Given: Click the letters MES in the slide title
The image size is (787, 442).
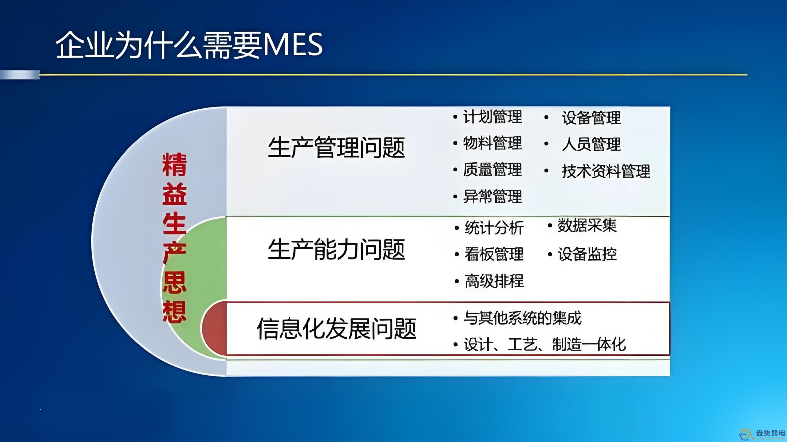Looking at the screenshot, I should click(293, 45).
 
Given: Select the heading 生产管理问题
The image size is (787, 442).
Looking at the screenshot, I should click(336, 148).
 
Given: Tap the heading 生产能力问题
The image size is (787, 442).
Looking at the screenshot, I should click(336, 250).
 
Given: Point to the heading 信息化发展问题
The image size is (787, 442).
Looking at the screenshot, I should click(336, 329).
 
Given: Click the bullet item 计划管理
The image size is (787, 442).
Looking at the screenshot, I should click(492, 117).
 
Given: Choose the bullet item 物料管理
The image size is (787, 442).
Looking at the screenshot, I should click(492, 143).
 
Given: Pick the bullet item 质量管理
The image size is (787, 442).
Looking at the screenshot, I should click(492, 170).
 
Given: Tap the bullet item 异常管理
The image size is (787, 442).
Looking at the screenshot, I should click(492, 196).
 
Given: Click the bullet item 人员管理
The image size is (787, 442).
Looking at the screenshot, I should click(591, 144).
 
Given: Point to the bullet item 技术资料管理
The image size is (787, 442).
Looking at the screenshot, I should click(606, 171).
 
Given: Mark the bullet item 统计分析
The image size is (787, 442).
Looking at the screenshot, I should click(494, 228).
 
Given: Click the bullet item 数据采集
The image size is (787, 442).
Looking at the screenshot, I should click(587, 226).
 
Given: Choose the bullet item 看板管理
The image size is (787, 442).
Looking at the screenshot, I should click(494, 254).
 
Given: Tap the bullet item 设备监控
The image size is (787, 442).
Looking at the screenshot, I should click(587, 254).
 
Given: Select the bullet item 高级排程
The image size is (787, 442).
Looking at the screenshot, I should click(494, 281).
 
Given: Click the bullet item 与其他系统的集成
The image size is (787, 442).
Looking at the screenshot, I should click(523, 318).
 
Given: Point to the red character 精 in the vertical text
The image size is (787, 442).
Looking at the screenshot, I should click(174, 165).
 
